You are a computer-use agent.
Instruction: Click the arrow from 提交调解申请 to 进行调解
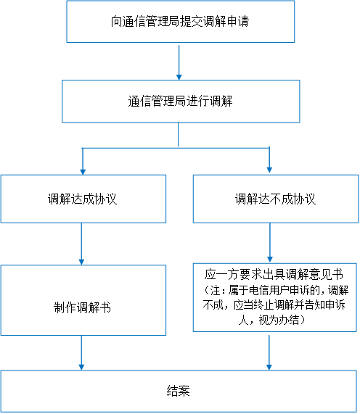179,62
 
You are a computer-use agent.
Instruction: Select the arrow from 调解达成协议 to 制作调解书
81,244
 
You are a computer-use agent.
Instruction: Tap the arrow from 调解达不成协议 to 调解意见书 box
270,243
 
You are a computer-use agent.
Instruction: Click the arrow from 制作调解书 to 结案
81,353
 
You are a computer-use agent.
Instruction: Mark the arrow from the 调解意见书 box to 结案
269,353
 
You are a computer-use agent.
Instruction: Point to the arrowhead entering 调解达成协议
83,172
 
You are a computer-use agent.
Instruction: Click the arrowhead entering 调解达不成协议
269,170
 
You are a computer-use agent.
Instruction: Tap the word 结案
179,391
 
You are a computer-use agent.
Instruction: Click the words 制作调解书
82,307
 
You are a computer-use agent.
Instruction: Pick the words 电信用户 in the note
269,290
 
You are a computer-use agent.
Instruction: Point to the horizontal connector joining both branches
176,148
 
